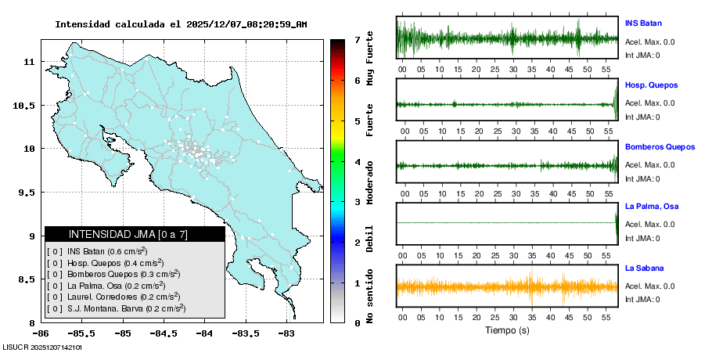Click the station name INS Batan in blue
[x=643, y=23]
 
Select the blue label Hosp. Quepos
[x=651, y=85]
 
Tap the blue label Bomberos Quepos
[x=660, y=147]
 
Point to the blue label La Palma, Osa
[x=651, y=207]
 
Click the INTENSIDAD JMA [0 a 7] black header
[x=135, y=234]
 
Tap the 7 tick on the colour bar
[x=357, y=39]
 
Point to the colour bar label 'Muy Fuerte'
[x=370, y=58]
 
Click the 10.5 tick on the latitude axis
[x=29, y=105]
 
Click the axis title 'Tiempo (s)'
[x=507, y=330]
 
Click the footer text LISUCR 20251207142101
[x=42, y=346]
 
